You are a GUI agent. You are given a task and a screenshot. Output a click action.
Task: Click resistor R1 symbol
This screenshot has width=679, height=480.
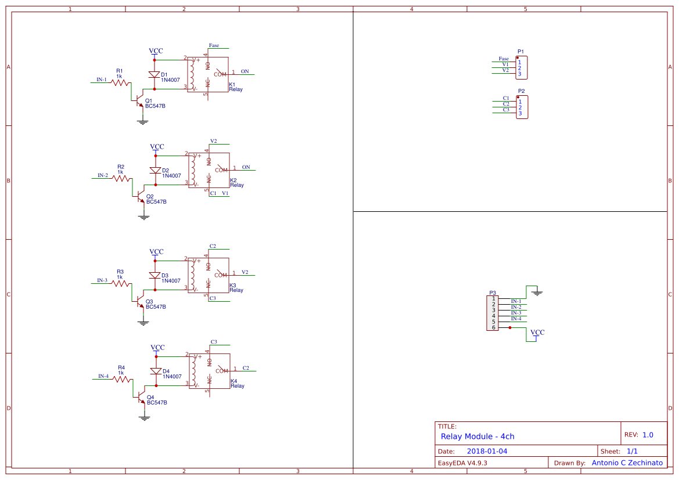coord(120,83)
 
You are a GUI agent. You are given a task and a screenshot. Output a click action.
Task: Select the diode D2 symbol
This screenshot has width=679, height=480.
coord(155,171)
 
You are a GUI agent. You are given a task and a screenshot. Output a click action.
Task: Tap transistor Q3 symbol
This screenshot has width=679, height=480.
coord(139,301)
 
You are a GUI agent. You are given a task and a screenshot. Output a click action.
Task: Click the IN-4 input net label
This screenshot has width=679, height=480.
coord(103,376)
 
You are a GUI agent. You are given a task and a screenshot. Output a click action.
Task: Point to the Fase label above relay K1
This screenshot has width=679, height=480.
coord(214,45)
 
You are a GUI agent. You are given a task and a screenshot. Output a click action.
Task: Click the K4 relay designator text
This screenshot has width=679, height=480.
coord(233,381)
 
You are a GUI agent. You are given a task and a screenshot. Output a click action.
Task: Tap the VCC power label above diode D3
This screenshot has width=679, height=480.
coord(156,252)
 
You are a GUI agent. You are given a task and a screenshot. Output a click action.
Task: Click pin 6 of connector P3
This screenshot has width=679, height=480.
coord(494,327)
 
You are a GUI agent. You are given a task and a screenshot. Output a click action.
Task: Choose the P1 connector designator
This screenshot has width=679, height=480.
coord(521,52)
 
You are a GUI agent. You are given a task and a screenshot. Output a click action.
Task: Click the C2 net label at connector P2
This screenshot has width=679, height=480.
coord(506,104)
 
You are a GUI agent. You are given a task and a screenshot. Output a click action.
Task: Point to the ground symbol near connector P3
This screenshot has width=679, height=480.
coord(537,293)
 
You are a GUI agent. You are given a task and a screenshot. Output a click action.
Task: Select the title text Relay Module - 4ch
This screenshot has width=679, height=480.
coord(477,436)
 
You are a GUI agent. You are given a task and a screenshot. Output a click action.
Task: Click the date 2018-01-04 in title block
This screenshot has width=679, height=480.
coord(487,451)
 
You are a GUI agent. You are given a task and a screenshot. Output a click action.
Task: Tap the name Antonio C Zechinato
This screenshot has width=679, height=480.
coord(627,463)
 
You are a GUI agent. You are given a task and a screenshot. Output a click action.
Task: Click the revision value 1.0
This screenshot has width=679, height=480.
coord(648,435)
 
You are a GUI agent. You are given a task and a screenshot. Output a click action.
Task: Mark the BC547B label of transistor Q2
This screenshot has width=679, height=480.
coord(156,202)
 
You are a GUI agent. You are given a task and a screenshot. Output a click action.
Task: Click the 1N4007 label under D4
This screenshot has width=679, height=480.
coord(171,377)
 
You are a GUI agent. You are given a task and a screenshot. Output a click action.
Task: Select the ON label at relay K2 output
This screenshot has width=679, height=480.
coord(246,167)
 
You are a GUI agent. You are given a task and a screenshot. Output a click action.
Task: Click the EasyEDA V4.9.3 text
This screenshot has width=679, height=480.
coord(462,463)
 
